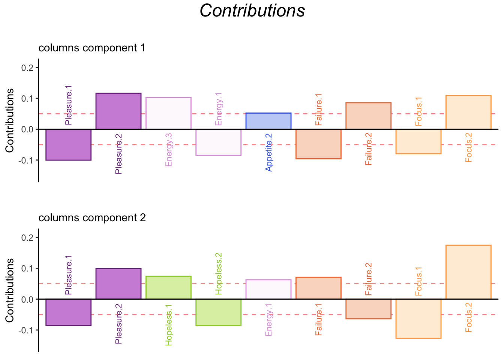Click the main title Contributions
pos(252,10)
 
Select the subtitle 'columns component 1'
pos(92,48)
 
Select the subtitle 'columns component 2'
pos(92,218)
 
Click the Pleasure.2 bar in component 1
pos(118,111)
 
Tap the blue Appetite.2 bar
pos(268,121)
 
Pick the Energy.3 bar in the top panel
pos(168,113)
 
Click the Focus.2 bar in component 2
pos(468,272)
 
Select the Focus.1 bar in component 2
pos(418,319)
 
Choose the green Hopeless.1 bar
pos(168,288)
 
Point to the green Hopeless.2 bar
pos(219,312)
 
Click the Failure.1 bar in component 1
pos(318,144)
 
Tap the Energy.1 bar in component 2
pos(268,289)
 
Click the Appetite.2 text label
pos(269,152)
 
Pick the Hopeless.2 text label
pos(219,273)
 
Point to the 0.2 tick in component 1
pos(29,67)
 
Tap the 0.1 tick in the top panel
pos(29,98)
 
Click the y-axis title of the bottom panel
pos(10,290)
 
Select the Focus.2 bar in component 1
pos(468,112)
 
